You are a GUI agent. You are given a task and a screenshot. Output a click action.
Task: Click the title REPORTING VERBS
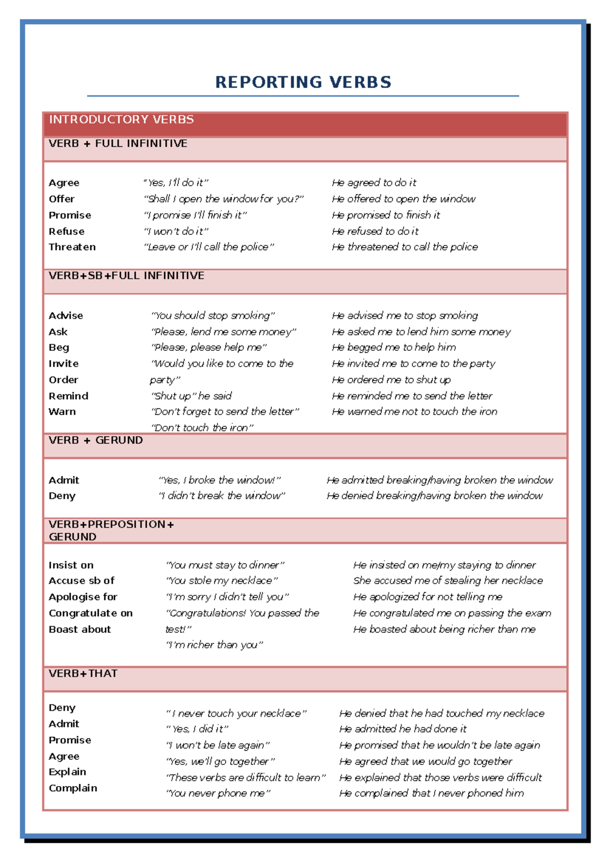[303, 82]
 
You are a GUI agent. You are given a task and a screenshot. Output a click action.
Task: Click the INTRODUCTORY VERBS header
[121, 119]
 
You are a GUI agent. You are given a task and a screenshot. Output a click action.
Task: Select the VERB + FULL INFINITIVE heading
[118, 143]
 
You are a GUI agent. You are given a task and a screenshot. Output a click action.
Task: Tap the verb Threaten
[72, 247]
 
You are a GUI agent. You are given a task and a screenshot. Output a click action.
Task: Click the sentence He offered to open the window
[404, 199]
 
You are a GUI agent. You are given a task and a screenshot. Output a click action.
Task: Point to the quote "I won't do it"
[176, 231]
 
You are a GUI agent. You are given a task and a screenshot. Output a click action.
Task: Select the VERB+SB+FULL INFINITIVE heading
[127, 275]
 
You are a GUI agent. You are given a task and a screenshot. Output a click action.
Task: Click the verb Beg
[59, 348]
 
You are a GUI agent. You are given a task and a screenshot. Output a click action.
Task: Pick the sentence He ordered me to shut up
[391, 380]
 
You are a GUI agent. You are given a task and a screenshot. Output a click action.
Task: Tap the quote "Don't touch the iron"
[202, 427]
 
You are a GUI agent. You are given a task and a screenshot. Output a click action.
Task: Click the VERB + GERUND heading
[96, 440]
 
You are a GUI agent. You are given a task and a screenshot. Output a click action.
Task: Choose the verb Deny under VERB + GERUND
[62, 496]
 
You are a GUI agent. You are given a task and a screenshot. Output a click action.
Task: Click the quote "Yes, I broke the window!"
[220, 480]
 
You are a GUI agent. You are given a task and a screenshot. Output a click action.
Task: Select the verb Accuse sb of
[81, 580]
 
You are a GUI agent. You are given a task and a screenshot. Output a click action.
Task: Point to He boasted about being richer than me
[444, 629]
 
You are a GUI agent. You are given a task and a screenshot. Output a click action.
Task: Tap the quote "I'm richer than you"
[215, 645]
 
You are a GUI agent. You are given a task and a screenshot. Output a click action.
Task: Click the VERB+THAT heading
[83, 673]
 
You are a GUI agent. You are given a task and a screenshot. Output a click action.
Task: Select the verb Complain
[73, 788]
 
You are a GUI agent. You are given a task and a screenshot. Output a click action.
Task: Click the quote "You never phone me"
[218, 793]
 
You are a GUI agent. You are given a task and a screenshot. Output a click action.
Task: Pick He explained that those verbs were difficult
[440, 778]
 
